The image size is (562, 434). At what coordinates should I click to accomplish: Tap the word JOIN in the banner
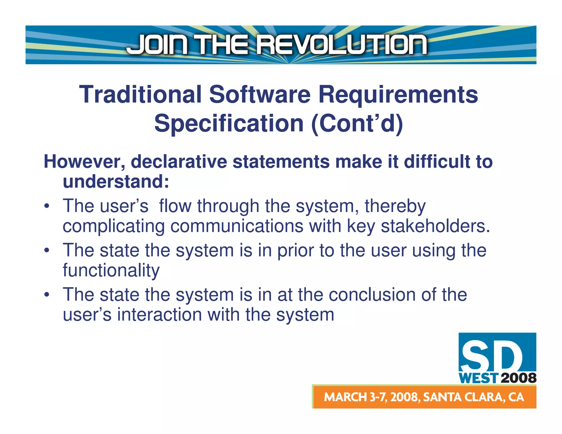coord(158,45)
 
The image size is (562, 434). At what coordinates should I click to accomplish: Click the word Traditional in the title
coord(140,95)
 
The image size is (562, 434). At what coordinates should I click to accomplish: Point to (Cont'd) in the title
coord(357,124)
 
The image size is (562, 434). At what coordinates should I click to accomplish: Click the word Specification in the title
coord(229,124)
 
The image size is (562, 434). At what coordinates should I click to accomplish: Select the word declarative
coord(179,162)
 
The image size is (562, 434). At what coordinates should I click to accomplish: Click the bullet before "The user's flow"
coord(47,206)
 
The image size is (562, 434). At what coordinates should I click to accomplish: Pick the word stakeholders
coord(435,226)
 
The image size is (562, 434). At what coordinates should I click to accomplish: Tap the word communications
coord(237,226)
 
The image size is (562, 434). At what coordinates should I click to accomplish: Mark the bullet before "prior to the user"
coord(47,250)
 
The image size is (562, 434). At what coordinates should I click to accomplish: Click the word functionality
coord(111,270)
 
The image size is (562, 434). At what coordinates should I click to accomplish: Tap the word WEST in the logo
coord(478,378)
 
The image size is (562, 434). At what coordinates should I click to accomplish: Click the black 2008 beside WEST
coord(518,378)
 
